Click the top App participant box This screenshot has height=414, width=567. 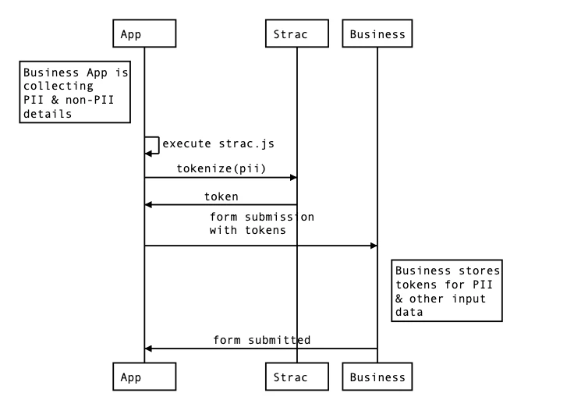pos(144,34)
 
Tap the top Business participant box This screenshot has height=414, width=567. pos(377,34)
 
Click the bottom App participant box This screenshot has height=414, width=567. pos(144,377)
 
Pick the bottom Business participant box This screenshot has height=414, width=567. pos(377,377)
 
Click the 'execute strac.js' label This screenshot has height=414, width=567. pos(218,143)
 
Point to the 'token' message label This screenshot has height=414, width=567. pos(221,196)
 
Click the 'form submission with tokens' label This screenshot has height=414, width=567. pos(261,223)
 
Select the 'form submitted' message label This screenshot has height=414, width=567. pos(262,340)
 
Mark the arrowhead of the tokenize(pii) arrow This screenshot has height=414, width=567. pos(293,178)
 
